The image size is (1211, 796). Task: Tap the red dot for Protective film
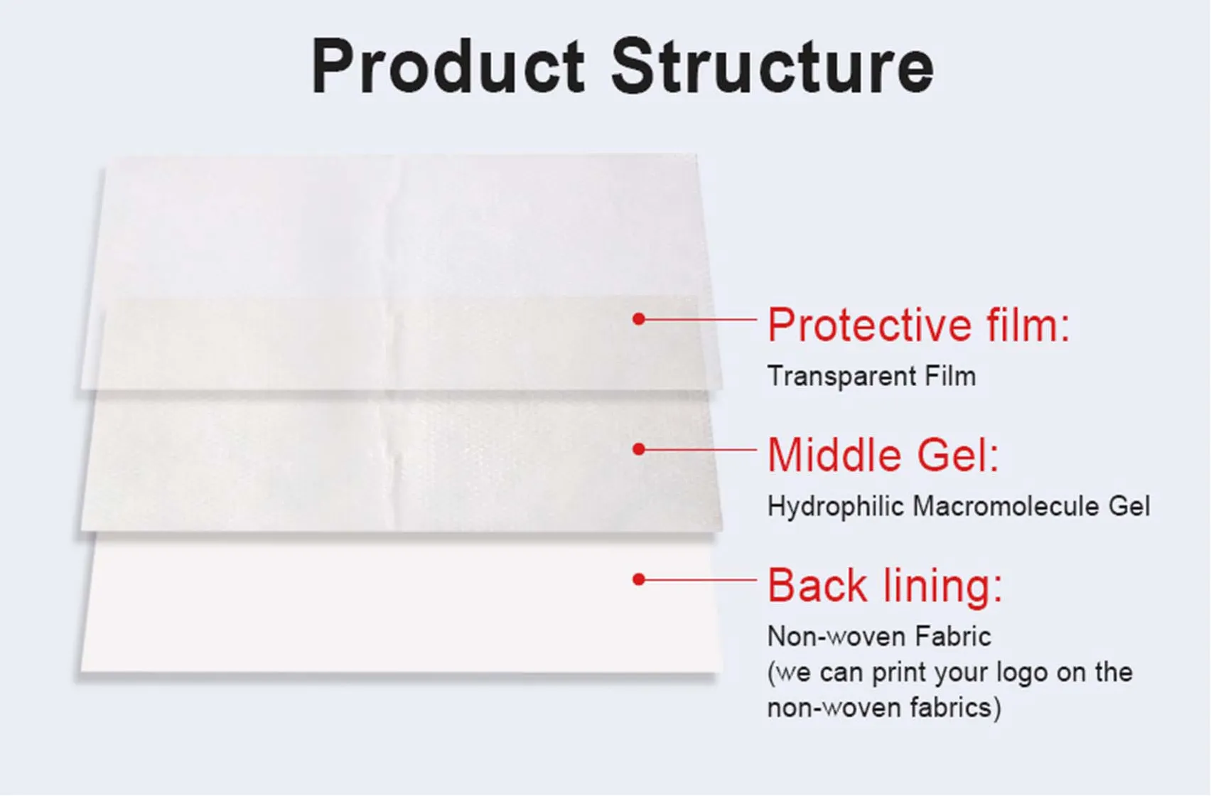pyautogui.click(x=639, y=319)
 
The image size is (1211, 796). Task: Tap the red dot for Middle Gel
pyautogui.click(x=639, y=449)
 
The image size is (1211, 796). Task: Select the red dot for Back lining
pyautogui.click(x=639, y=580)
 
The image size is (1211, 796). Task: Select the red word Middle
pyautogui.click(x=834, y=456)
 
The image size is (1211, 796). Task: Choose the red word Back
pyautogui.click(x=817, y=586)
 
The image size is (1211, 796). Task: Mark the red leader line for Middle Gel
pyautogui.click(x=701, y=449)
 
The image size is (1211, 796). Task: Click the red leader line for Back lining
pyautogui.click(x=701, y=580)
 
